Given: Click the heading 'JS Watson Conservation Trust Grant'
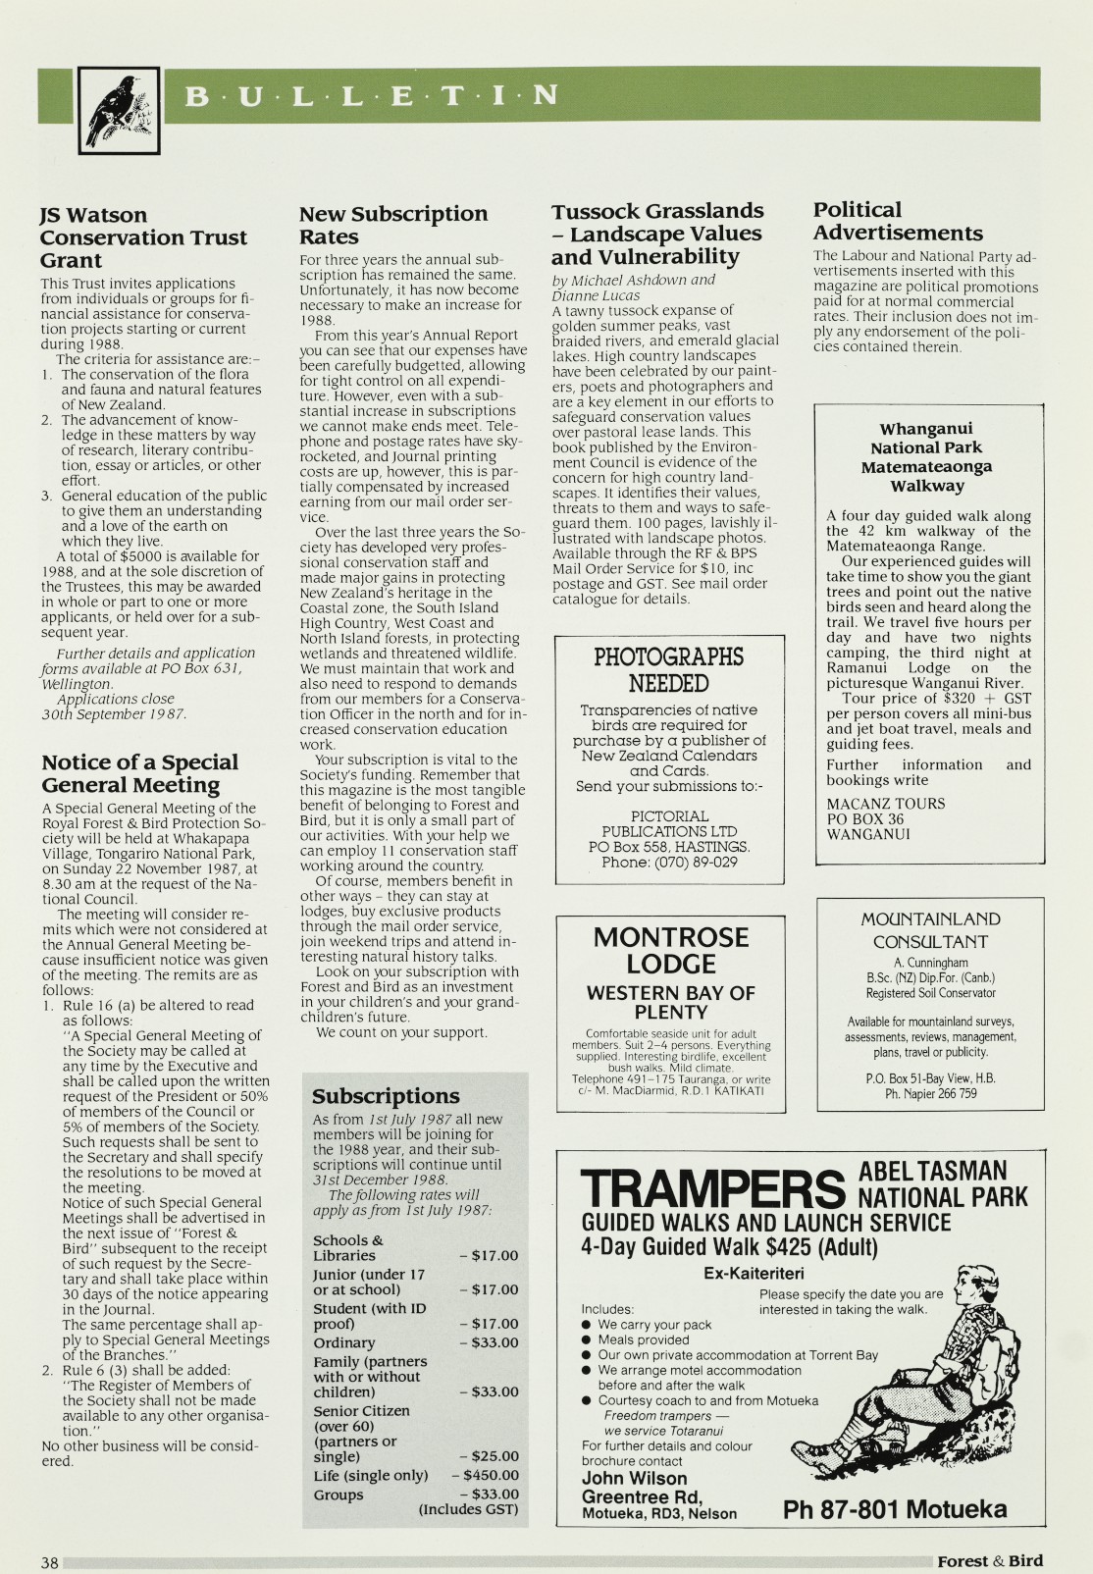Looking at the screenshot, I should (x=143, y=237).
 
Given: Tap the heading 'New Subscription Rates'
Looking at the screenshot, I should (x=392, y=225).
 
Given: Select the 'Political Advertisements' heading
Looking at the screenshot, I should (x=897, y=221).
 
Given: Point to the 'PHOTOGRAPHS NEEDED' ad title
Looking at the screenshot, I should (x=668, y=670).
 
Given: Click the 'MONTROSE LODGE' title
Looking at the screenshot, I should (x=670, y=950).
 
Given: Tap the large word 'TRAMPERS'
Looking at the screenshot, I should (x=713, y=1188).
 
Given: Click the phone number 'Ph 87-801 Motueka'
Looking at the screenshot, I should (x=894, y=1508).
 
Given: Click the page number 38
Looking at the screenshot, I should (x=50, y=1561).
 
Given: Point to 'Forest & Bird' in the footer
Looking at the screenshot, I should (x=989, y=1560).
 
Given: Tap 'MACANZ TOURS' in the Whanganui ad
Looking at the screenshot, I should (x=885, y=804).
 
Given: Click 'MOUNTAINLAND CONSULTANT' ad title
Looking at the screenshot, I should (x=930, y=930).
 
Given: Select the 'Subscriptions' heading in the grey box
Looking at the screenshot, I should (x=386, y=1096).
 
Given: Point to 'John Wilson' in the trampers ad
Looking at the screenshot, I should (x=634, y=1478).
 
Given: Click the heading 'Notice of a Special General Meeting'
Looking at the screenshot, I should (x=139, y=773).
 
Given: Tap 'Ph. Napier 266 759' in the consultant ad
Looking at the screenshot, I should (x=930, y=1093).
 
